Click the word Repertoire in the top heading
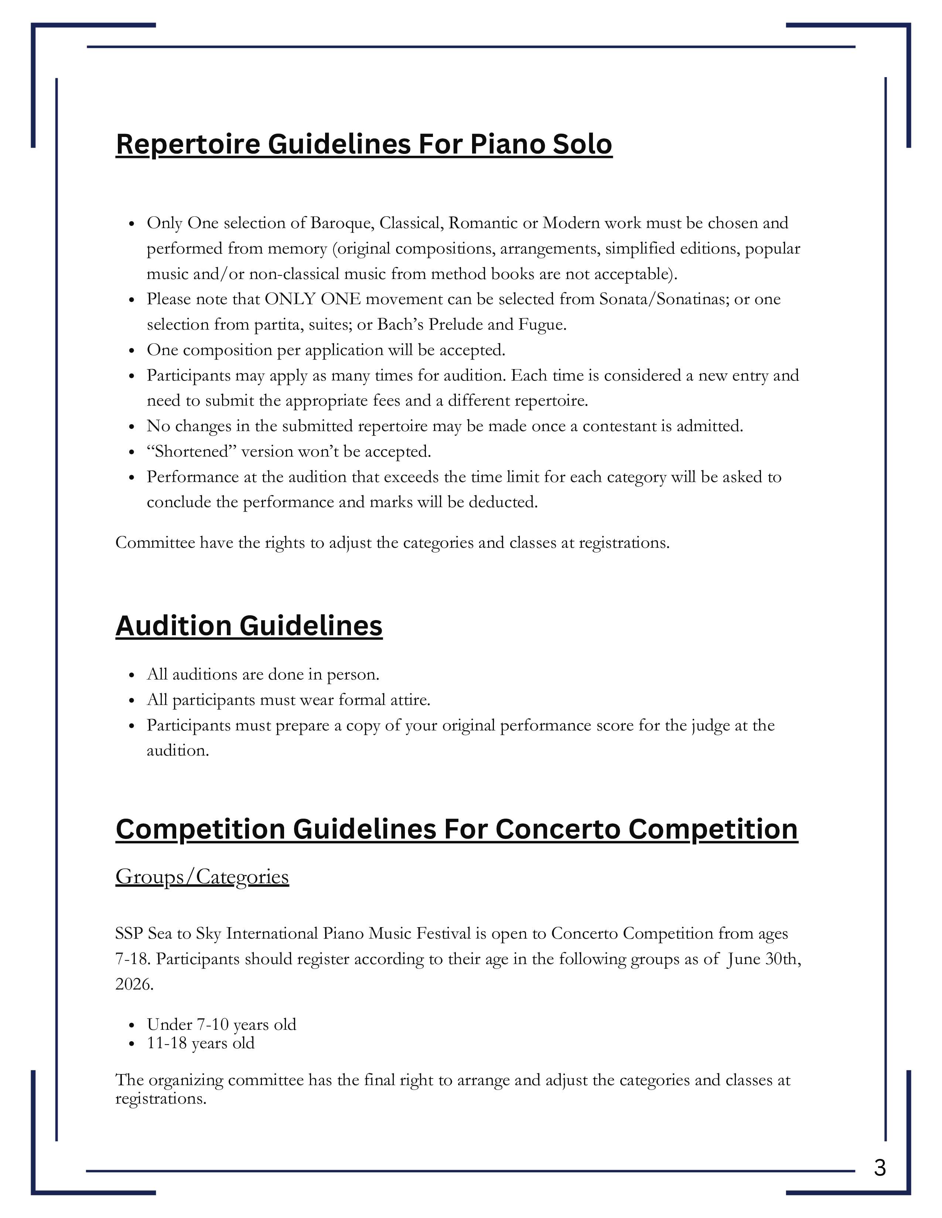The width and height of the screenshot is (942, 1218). point(188,144)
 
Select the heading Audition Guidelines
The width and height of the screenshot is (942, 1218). point(249,626)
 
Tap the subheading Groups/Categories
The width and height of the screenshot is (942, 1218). point(202,876)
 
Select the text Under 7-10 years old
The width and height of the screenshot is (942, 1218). point(221,1025)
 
